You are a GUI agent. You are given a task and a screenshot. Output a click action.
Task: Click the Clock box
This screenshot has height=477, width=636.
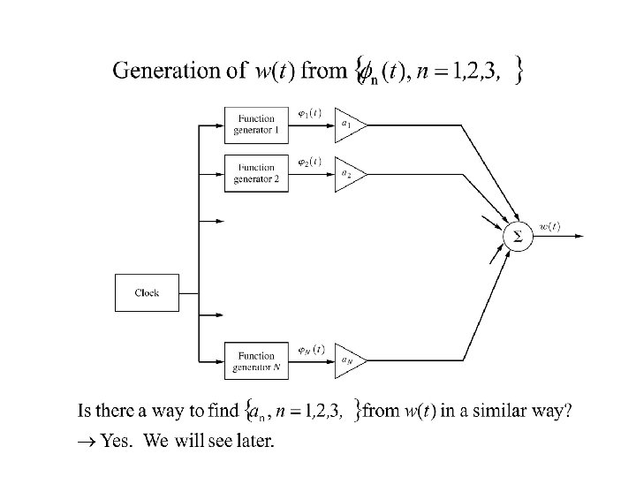[x=147, y=292]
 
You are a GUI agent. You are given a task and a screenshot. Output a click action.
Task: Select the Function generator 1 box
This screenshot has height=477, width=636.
[x=256, y=125]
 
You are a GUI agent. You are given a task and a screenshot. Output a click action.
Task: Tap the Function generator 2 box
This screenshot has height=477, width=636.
[x=256, y=173]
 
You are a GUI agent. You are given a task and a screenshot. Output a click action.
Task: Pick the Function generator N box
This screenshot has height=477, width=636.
[x=256, y=360]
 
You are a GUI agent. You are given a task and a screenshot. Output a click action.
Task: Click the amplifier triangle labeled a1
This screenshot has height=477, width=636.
[x=348, y=125]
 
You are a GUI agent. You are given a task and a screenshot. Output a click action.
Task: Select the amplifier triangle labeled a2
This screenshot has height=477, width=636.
[x=348, y=173]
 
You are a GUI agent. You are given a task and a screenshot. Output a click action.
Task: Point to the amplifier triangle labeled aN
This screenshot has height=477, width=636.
[x=348, y=360]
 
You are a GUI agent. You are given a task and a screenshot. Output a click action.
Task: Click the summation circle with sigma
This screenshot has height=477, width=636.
[x=518, y=237]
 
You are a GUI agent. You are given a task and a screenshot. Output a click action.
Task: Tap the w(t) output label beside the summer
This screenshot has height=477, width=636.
[x=549, y=226]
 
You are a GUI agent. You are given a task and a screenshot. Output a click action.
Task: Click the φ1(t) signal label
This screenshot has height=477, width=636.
[x=309, y=113]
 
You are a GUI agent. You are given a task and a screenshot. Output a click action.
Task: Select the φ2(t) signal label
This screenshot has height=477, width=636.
[x=309, y=162]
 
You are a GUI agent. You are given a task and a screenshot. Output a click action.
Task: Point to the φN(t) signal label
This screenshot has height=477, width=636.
[x=310, y=349]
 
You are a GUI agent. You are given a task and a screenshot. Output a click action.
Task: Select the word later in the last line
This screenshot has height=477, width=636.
[x=254, y=441]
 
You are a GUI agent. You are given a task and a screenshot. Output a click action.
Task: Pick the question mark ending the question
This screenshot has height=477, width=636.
[x=567, y=411]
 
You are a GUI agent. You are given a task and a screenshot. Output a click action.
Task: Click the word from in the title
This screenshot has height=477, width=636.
[x=324, y=71]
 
